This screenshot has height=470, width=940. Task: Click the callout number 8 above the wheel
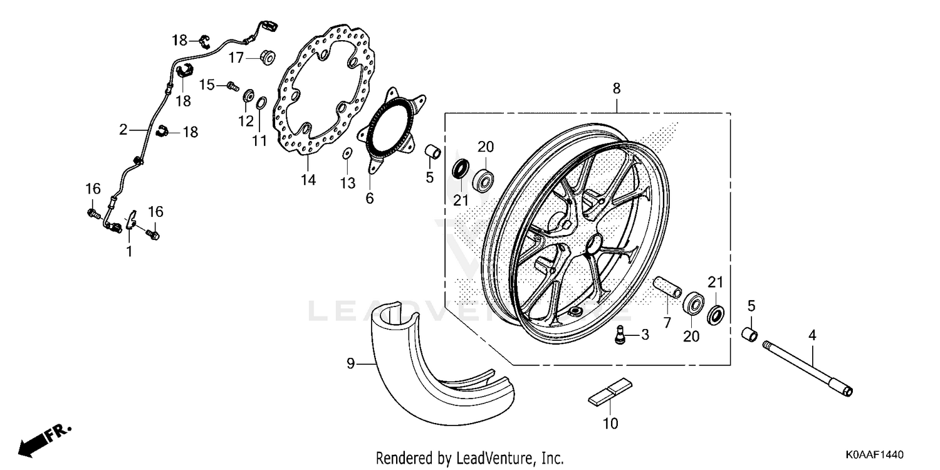point(617,89)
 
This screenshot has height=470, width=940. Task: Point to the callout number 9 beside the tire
point(350,363)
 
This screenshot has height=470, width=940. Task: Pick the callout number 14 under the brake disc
point(308,180)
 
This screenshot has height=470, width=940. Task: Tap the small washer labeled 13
point(346,153)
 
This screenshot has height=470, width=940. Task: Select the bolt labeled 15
point(232,85)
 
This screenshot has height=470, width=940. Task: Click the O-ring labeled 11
point(261,102)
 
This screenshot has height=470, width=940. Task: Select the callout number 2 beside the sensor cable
point(123,130)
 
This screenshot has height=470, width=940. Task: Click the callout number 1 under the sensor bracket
point(129,251)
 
